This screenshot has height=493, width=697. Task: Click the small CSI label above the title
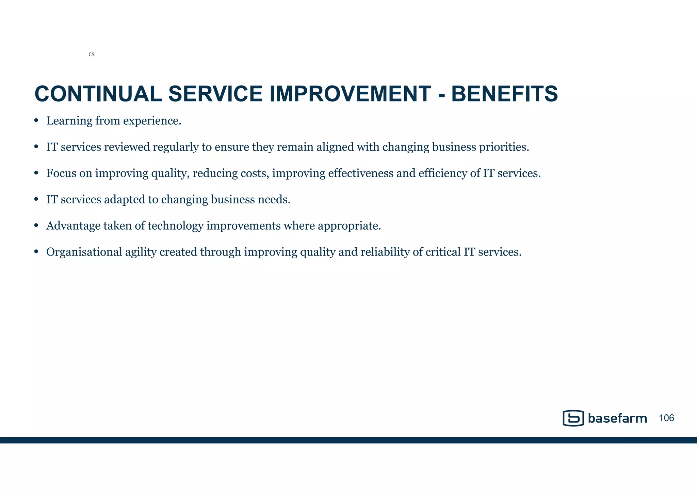click(92, 55)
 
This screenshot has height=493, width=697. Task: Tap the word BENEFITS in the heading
click(504, 94)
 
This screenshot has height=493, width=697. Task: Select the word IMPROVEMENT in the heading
click(350, 94)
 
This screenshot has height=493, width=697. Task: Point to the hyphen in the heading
click(441, 95)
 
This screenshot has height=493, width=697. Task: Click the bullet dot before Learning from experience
click(36, 121)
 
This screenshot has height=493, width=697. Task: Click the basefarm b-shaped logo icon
click(573, 418)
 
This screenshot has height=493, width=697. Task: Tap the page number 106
click(666, 418)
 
